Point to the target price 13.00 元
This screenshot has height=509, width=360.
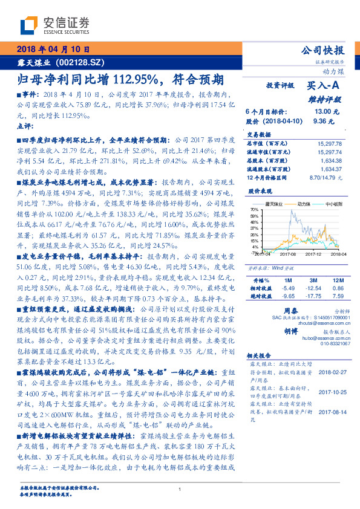[x=322, y=112]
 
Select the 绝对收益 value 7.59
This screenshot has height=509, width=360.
[x=337, y=297]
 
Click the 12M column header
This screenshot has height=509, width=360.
[x=337, y=281]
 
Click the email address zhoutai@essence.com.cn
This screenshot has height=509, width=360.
[x=320, y=324]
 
